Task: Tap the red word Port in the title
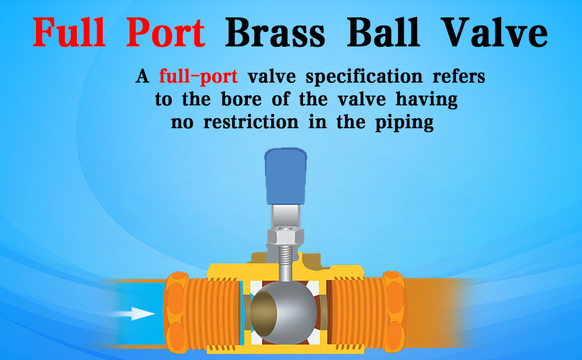[x=166, y=34]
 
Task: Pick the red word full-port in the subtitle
[x=199, y=77]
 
